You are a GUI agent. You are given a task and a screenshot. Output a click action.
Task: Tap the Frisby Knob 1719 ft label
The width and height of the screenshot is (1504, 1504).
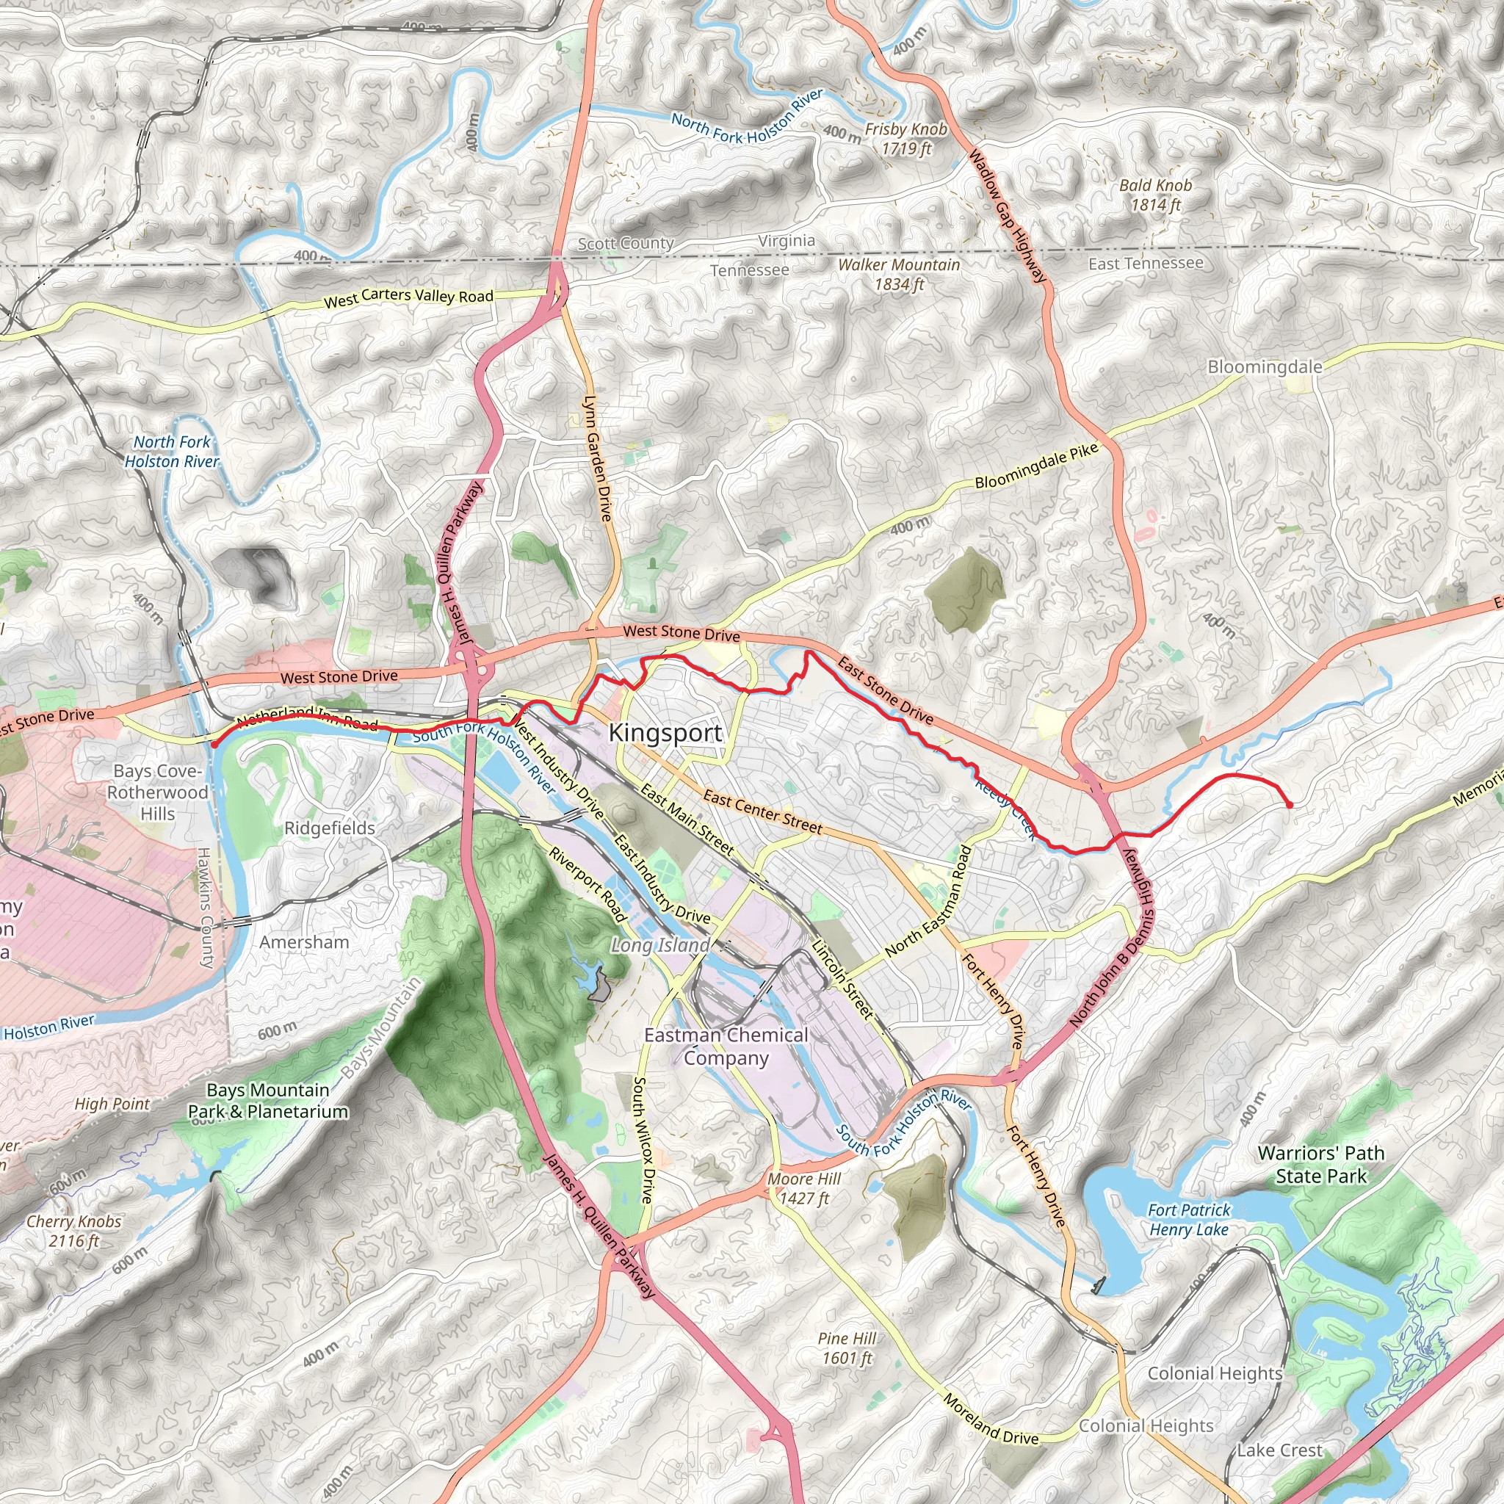point(906,139)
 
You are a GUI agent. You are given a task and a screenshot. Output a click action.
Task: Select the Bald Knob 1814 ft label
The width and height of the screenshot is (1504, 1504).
point(1155,195)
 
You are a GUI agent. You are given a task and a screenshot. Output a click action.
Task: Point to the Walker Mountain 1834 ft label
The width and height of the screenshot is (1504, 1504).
point(898,274)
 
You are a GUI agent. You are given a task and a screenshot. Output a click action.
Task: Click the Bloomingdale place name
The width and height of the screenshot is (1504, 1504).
point(1265,366)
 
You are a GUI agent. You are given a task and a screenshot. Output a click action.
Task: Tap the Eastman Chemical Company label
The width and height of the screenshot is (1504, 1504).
point(726,1046)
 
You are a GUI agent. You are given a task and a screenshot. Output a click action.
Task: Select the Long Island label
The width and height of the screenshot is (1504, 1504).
point(659,945)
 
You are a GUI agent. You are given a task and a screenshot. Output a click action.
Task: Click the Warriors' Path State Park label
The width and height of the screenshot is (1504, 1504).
point(1320,1164)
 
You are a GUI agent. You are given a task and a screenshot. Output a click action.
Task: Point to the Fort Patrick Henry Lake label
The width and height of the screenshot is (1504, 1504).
point(1189,1219)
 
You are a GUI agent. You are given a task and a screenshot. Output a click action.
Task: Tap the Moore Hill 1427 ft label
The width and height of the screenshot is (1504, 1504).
point(804,1188)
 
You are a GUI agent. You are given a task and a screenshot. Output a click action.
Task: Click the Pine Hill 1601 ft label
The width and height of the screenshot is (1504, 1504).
point(847,1348)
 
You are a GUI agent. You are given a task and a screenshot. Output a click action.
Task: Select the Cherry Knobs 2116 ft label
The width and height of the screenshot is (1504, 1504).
point(74,1231)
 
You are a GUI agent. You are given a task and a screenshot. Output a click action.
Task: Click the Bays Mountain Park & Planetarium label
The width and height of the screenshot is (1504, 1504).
point(268,1101)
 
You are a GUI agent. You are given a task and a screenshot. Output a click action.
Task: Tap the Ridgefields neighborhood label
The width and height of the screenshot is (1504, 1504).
point(329,828)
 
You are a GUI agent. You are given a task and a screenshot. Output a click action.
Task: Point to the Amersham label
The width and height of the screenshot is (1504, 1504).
point(303,942)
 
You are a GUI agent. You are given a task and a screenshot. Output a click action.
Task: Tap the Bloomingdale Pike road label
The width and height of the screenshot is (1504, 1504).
point(1035,466)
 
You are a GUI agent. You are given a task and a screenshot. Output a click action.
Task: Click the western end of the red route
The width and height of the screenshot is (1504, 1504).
point(213,744)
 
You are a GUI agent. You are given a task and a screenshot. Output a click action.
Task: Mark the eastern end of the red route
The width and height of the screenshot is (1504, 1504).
point(1290,805)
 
